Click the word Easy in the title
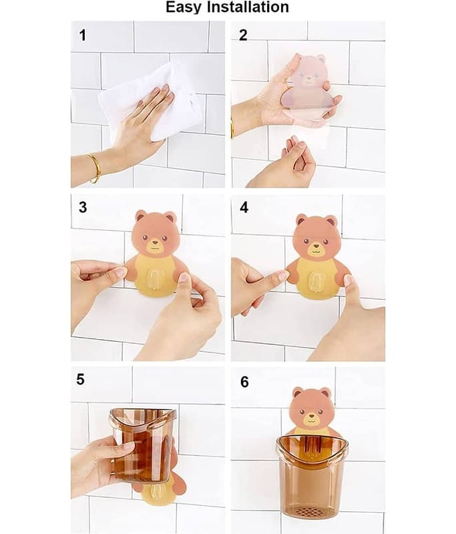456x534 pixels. click(184, 7)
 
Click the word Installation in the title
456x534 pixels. click(248, 7)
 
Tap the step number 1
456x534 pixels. click(83, 35)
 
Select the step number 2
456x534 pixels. click(243, 35)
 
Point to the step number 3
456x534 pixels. click(83, 207)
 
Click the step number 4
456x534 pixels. click(244, 207)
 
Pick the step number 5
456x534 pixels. click(80, 379)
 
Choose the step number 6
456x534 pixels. click(244, 382)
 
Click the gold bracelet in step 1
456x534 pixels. click(94, 168)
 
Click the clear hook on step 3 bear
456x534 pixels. click(156, 280)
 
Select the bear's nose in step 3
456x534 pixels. click(156, 243)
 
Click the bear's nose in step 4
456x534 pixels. click(316, 246)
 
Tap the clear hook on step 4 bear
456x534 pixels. click(316, 283)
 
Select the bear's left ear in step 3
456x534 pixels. click(141, 216)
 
